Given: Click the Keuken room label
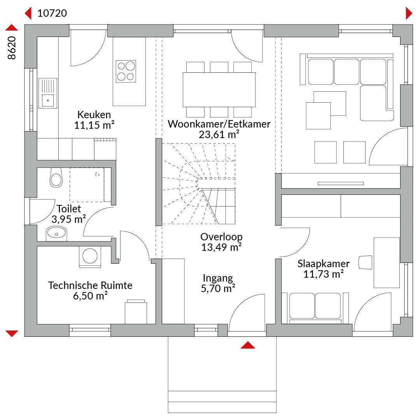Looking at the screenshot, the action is pos(94,115).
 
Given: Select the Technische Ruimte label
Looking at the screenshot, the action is pos(90,285).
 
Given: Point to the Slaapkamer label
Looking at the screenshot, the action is pos(324,264).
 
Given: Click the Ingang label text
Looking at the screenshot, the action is pos(218,278).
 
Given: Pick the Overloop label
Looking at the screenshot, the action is pos(222,237).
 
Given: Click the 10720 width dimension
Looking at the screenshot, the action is pos(52,13).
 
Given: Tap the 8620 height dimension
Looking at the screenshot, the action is pos(12,48).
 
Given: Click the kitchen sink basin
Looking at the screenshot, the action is pos(48,100).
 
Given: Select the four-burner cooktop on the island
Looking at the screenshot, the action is pos(126,71).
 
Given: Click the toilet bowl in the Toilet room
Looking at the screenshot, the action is pos(56,178).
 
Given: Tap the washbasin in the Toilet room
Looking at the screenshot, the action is pos(56,234).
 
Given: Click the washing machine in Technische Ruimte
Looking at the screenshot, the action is pos(90,256).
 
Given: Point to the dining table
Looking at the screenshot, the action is pos(219,90).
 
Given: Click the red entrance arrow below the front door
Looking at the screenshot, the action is pos(248,345).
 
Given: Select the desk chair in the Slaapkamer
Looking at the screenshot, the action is pos(365,262).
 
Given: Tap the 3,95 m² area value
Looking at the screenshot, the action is pos(69,219).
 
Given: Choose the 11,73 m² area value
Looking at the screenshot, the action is pos(324,274).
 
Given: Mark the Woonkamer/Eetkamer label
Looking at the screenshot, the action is pos(219,124).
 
